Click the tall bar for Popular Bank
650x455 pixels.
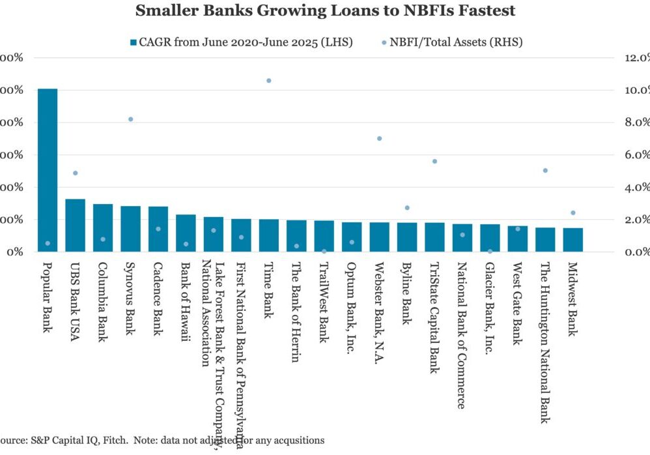[48, 169]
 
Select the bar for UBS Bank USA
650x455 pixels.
[76, 225]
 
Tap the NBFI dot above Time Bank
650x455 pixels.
[268, 81]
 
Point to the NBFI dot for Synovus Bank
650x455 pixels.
[130, 119]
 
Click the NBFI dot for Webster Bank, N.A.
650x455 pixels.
[379, 138]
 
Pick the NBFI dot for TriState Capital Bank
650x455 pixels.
[434, 161]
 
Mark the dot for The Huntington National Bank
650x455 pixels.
[545, 171]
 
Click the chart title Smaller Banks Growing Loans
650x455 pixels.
[325, 11]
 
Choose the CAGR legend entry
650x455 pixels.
[242, 42]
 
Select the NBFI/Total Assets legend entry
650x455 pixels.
[456, 42]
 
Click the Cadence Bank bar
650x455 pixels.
[158, 229]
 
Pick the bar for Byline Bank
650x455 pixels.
[407, 237]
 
